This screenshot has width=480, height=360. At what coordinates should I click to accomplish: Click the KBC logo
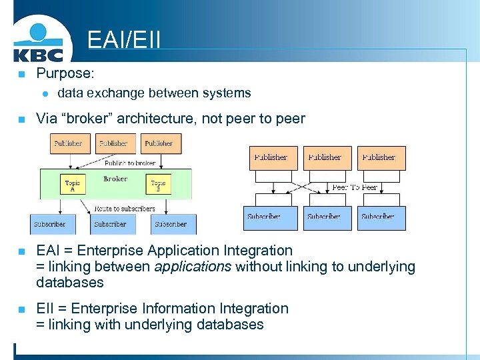pyautogui.click(x=38, y=41)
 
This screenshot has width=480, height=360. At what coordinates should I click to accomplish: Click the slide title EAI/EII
pyautogui.click(x=124, y=39)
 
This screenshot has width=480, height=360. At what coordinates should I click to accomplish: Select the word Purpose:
pyautogui.click(x=65, y=73)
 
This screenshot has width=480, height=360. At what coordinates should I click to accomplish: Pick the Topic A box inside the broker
pyautogui.click(x=73, y=185)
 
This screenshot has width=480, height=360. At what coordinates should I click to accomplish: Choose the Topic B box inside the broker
pyautogui.click(x=158, y=185)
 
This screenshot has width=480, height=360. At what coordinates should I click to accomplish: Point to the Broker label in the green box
pyautogui.click(x=115, y=179)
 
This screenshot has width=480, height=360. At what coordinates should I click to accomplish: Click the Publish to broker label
pyautogui.click(x=129, y=163)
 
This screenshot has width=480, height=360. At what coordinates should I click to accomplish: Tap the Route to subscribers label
pyautogui.click(x=125, y=209)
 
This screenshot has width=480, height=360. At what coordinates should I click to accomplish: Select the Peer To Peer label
pyautogui.click(x=355, y=187)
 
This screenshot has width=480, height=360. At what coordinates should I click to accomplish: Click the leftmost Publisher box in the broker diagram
pyautogui.click(x=68, y=143)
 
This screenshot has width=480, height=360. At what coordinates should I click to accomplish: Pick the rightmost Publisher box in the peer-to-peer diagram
pyautogui.click(x=381, y=158)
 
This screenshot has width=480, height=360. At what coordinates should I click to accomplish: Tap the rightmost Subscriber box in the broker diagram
pyautogui.click(x=171, y=224)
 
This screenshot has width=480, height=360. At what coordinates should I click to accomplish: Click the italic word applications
pyautogui.click(x=193, y=267)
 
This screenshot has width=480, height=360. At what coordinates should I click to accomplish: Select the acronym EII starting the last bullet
pyautogui.click(x=45, y=309)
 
